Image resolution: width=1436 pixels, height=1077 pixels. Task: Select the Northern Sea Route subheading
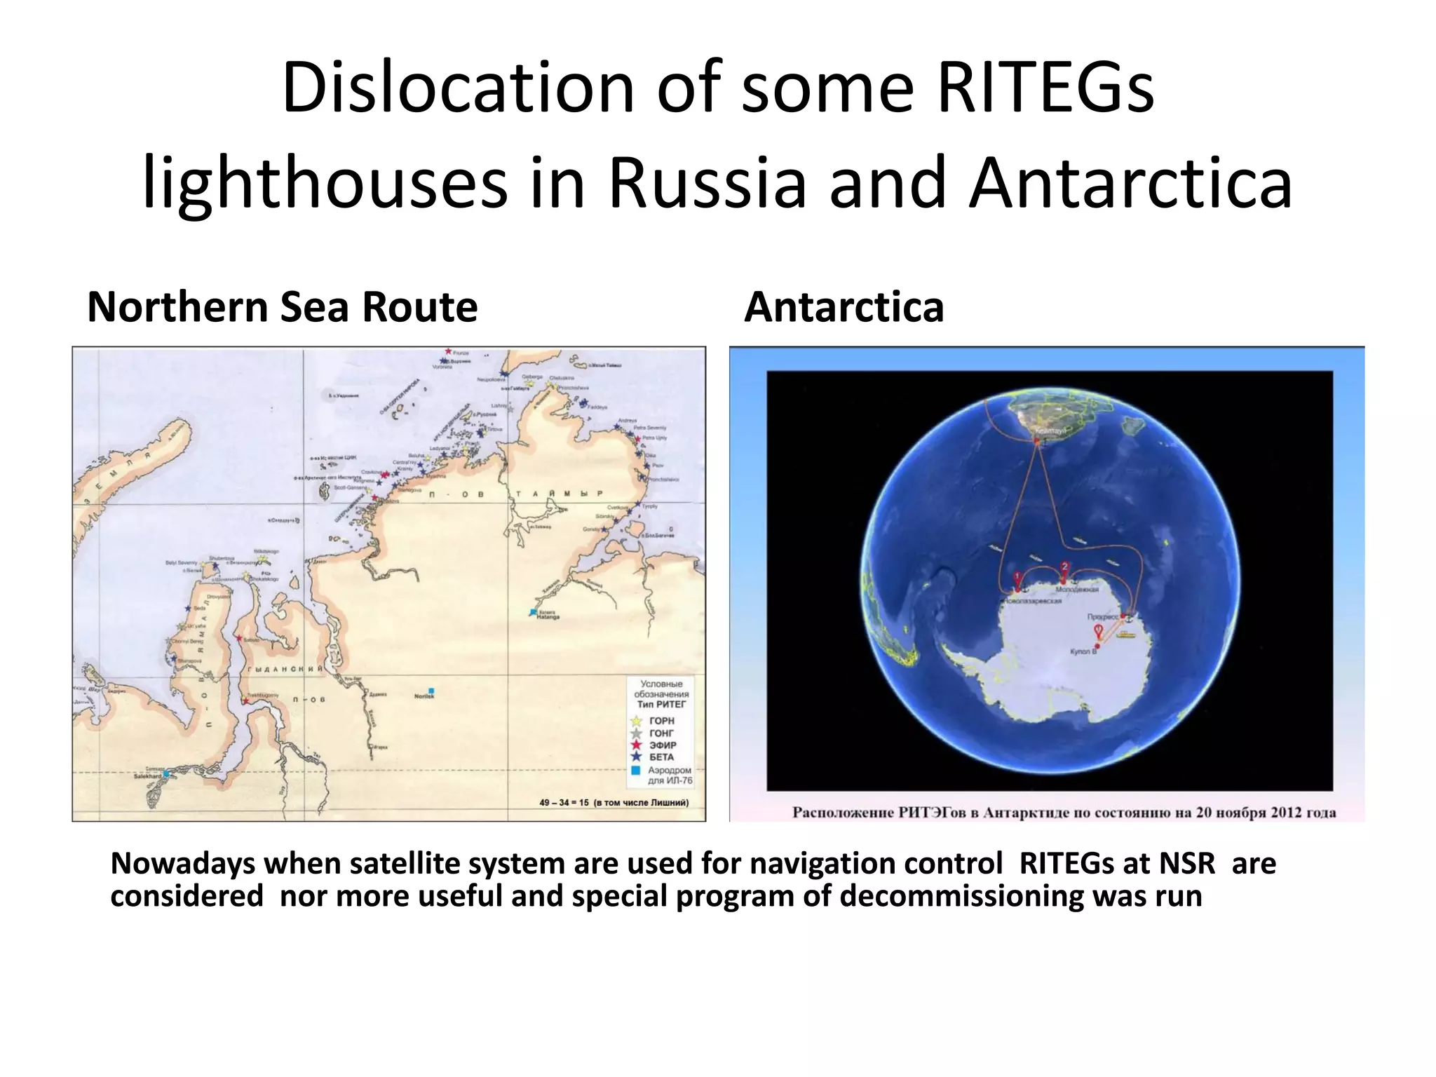(282, 307)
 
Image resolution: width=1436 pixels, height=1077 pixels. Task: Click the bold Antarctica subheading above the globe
(844, 307)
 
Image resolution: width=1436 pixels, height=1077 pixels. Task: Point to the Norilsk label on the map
(424, 696)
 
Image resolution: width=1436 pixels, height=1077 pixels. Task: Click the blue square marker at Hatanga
(533, 612)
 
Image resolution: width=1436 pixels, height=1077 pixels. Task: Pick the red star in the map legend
(637, 745)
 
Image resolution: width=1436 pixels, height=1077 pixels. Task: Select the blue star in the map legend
(637, 757)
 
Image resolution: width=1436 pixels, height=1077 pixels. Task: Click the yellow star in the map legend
(637, 721)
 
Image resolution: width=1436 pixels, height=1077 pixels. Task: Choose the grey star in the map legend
(637, 733)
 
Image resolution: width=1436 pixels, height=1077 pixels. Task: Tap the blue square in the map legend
(636, 770)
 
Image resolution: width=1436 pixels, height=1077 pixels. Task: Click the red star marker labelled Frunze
(449, 351)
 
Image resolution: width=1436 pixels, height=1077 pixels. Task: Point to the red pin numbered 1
(1018, 579)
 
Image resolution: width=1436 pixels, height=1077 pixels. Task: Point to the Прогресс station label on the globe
(1102, 617)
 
